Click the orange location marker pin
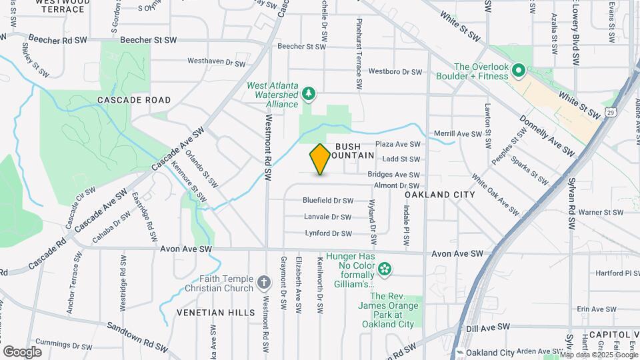[320, 159]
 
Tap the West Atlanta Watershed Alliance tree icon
[308, 93]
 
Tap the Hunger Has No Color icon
[384, 270]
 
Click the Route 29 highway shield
[611, 113]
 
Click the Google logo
[22, 351]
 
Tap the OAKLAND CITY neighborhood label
[440, 195]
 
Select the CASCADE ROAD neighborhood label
[134, 100]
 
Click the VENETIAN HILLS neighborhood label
[215, 312]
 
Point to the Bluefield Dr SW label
[327, 200]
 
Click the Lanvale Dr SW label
[327, 217]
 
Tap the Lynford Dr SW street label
[328, 233]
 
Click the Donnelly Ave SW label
[547, 134]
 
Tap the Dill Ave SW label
[489, 328]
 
